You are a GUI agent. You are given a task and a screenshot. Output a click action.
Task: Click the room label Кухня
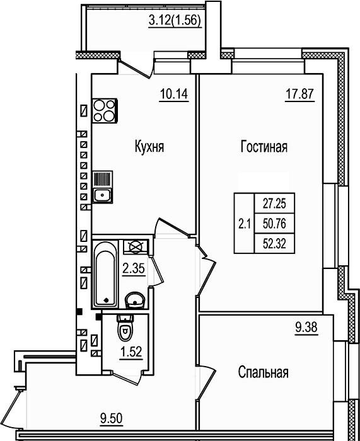[149, 147]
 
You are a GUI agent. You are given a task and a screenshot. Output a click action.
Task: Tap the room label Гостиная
[264, 147]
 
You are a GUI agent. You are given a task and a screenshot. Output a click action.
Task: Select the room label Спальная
[263, 372]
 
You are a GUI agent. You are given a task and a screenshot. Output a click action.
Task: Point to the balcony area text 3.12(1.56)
[175, 20]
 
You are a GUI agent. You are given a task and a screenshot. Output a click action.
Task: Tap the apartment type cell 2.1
[244, 222]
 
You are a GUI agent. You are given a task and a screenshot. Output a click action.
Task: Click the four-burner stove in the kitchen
[104, 111]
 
